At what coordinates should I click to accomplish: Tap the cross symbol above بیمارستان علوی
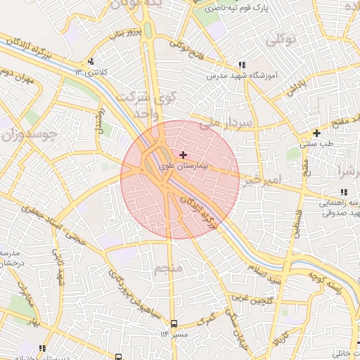click(x=184, y=155)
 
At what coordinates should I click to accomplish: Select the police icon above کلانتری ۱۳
click(x=90, y=61)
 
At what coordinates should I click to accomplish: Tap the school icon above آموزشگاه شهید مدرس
click(x=242, y=64)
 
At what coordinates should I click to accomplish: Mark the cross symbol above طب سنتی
click(x=316, y=133)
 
